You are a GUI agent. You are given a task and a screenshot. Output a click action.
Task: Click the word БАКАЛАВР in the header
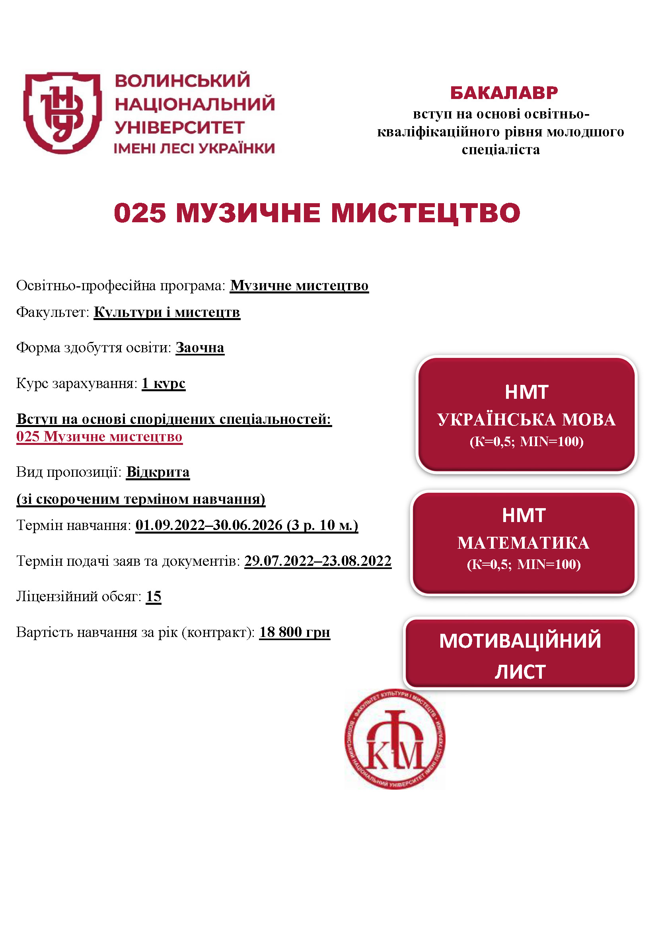pyautogui.click(x=504, y=93)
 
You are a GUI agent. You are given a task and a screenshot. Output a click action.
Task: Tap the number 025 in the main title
pyautogui.click(x=140, y=213)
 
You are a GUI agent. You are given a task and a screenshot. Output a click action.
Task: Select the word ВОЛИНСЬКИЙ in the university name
pyautogui.click(x=182, y=81)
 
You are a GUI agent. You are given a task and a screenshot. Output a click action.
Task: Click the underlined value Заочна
pyautogui.click(x=200, y=348)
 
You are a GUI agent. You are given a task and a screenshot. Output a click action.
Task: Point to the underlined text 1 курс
pyautogui.click(x=163, y=383)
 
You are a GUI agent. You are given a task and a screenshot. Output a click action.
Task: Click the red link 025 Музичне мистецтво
pyautogui.click(x=99, y=437)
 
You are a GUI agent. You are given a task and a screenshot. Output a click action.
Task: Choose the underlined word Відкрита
pyautogui.click(x=158, y=472)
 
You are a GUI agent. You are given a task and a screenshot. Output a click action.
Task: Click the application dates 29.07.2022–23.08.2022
pyautogui.click(x=317, y=561)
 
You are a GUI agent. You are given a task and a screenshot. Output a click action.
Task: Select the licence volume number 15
pyautogui.click(x=154, y=597)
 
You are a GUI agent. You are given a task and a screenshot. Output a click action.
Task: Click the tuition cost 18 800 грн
pyautogui.click(x=294, y=632)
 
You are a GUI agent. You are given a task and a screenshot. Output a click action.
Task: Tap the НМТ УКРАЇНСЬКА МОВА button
pyautogui.click(x=526, y=415)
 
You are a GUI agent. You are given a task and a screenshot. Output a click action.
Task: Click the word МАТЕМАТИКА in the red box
pyautogui.click(x=523, y=543)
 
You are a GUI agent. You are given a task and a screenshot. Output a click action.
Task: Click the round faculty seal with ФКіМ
pyautogui.click(x=395, y=739)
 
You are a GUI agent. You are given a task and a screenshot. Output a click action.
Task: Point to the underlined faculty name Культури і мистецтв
pyautogui.click(x=167, y=312)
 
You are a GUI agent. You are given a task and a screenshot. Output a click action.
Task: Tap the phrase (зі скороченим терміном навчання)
pyautogui.click(x=140, y=499)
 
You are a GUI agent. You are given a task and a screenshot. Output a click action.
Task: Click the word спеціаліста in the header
pyautogui.click(x=501, y=150)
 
